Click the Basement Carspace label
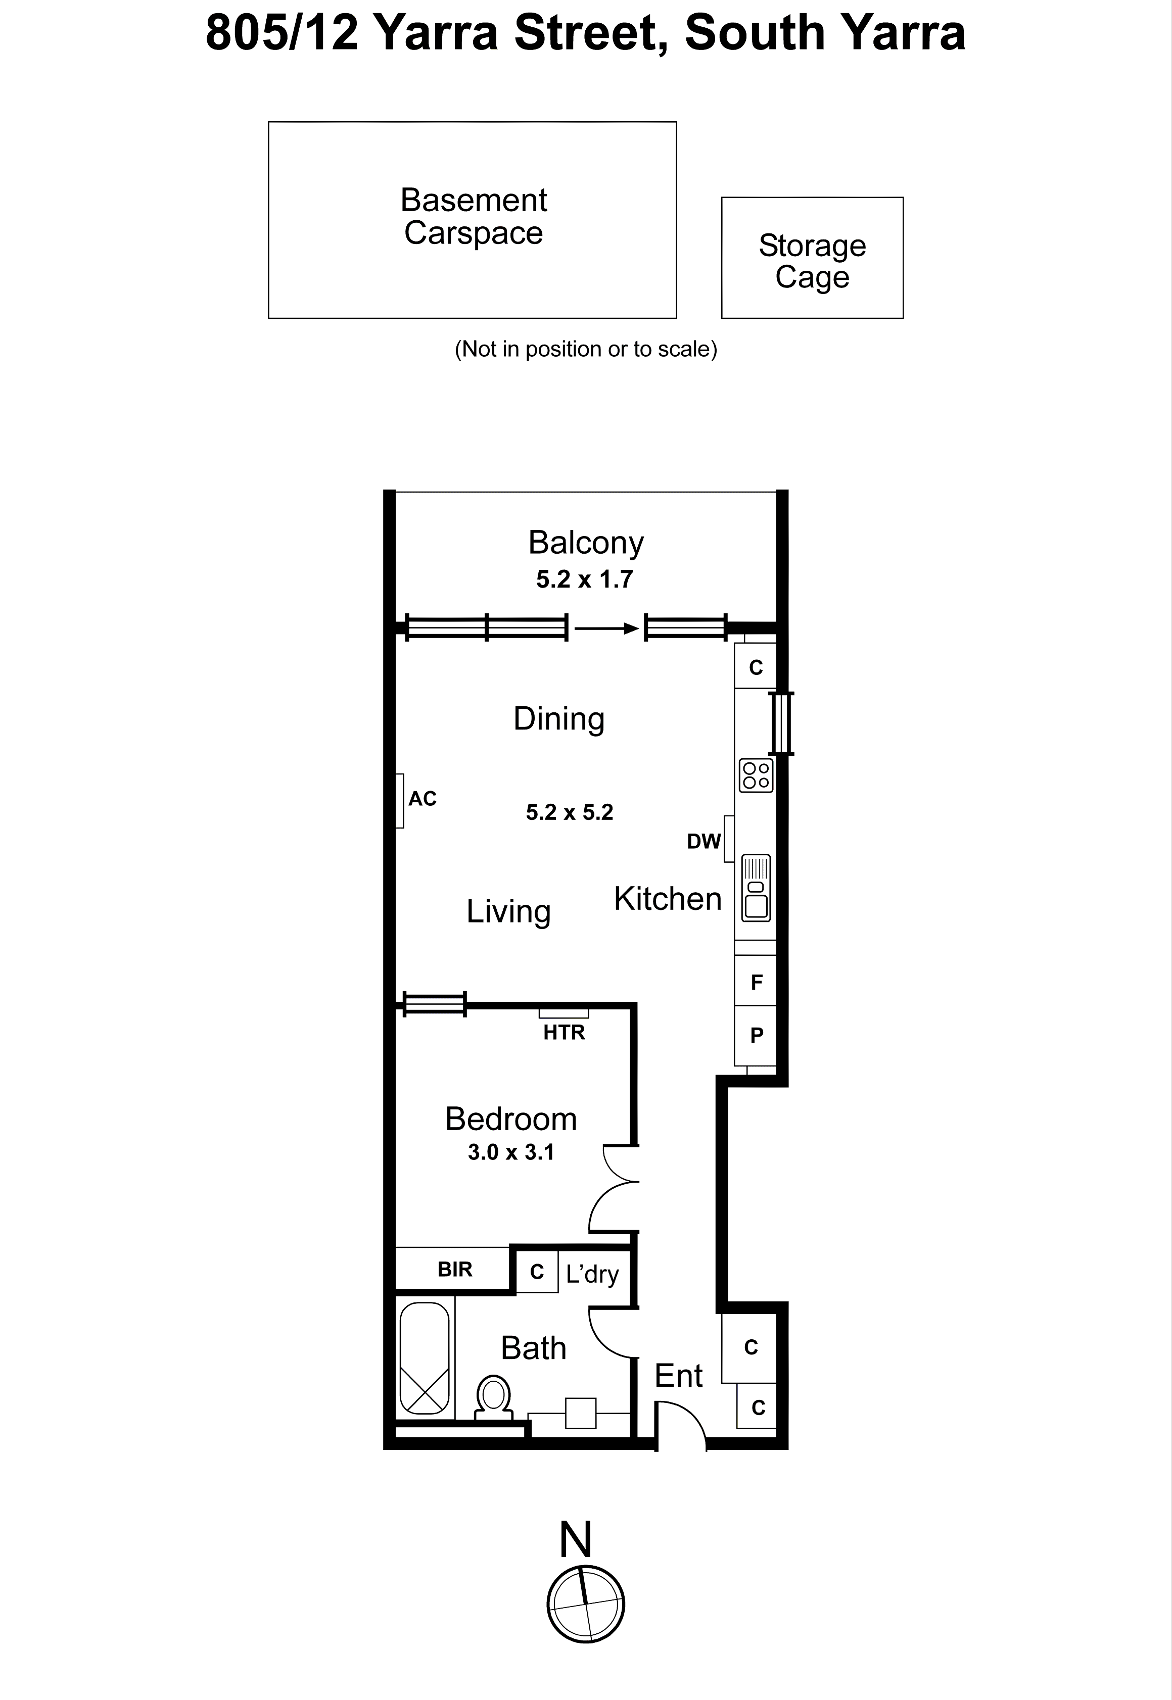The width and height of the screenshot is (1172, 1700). [474, 217]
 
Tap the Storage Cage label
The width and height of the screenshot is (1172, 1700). [812, 261]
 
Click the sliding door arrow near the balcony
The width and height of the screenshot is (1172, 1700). [606, 628]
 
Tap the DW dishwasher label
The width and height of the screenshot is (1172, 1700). [703, 841]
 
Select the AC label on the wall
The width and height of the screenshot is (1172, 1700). [422, 799]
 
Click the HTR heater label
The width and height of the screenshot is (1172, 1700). [564, 1033]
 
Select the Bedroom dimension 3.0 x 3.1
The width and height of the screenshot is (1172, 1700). [510, 1152]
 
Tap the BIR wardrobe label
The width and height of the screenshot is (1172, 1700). [454, 1269]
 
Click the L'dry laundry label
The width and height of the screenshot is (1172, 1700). [592, 1274]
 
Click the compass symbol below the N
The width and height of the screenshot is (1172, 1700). [585, 1604]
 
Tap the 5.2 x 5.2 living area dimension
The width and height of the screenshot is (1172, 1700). [569, 812]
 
